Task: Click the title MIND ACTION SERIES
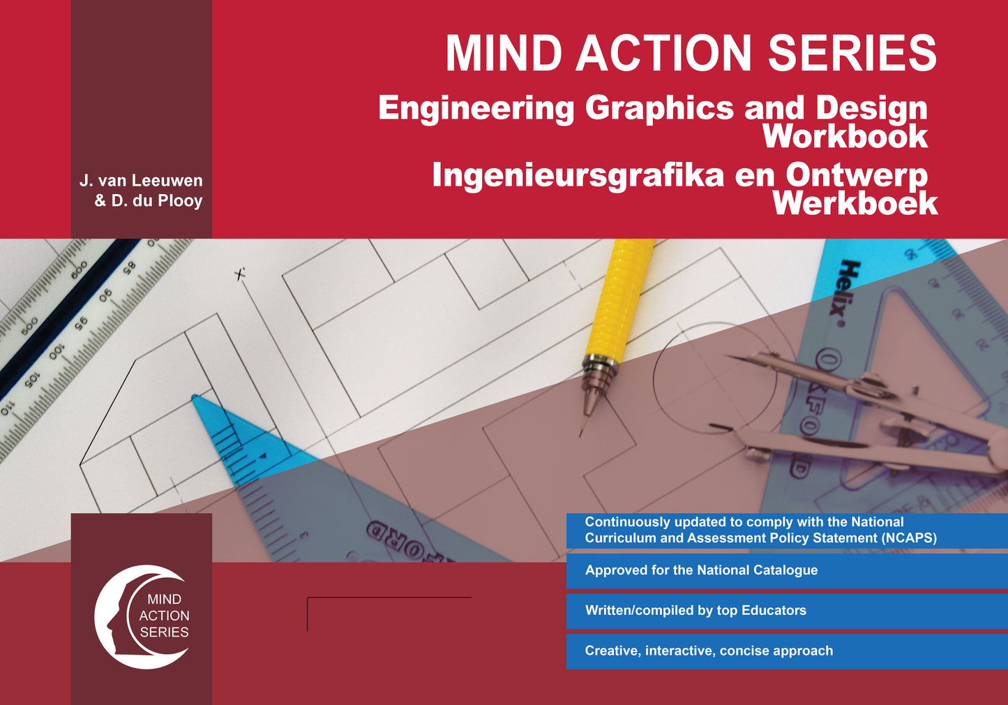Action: tap(691, 54)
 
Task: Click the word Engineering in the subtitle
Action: tap(476, 108)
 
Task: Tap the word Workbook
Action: tap(845, 137)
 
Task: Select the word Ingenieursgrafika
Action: tap(578, 175)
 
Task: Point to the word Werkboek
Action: tap(855, 204)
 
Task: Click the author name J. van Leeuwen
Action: tap(141, 181)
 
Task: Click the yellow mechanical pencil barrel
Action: tap(617, 300)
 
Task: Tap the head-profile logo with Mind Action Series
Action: tap(142, 616)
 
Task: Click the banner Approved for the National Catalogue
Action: tap(701, 570)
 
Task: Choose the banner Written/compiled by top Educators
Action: tap(695, 611)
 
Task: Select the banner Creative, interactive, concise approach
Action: tap(709, 651)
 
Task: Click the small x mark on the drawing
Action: tap(241, 274)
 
